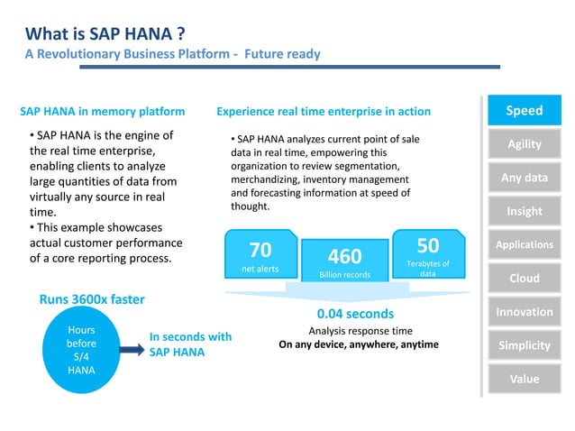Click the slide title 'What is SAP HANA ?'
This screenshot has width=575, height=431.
point(106,34)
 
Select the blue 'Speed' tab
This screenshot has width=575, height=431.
point(524,111)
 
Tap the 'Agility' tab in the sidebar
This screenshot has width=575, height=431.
point(524,144)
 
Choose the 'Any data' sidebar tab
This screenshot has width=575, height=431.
point(524,178)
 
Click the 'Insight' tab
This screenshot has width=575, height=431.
point(524,211)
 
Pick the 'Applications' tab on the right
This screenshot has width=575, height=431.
point(524,244)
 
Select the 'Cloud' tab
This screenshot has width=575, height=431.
point(524,278)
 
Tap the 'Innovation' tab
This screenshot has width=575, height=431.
point(524,312)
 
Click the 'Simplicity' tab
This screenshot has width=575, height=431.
point(524,345)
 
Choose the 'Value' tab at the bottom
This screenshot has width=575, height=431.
point(524,379)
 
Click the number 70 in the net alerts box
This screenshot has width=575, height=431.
point(260,249)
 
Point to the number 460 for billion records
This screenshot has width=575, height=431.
point(344,256)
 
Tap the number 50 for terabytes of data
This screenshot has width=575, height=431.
point(428,245)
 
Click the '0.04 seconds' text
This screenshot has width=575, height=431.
point(355,314)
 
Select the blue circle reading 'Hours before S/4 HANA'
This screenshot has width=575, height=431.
point(81,350)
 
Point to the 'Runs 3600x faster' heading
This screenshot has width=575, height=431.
point(91,299)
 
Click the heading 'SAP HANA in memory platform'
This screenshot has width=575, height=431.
point(102,112)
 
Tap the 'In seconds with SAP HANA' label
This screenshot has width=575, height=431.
point(190,344)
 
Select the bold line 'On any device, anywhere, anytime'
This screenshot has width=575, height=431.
point(358,344)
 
